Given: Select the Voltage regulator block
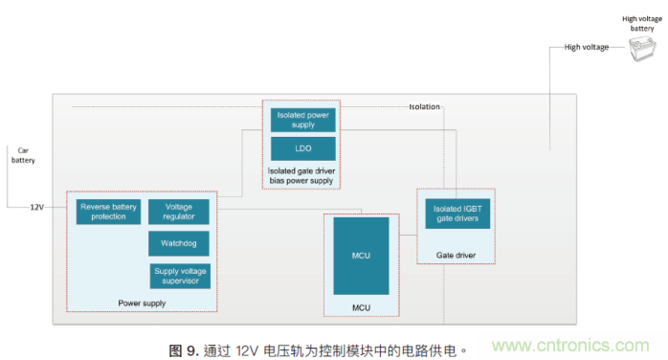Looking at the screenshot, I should [x=179, y=212].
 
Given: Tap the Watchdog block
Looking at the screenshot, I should [x=179, y=243].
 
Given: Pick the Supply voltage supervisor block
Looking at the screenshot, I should [x=179, y=276].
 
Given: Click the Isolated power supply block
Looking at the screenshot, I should [x=302, y=120].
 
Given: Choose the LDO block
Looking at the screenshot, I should [x=302, y=148].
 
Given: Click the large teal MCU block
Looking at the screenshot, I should [x=361, y=256].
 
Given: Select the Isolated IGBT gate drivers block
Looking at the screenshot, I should [x=457, y=214].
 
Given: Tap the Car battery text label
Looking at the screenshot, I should [x=24, y=155].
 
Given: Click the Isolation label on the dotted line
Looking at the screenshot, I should [x=424, y=106].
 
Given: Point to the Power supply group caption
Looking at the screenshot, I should [x=142, y=304].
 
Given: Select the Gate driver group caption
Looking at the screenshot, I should [x=456, y=256].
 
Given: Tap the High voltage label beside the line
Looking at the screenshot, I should [x=586, y=46].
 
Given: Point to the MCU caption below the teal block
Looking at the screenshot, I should [x=361, y=307].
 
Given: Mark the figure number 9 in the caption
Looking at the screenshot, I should [x=190, y=350].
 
